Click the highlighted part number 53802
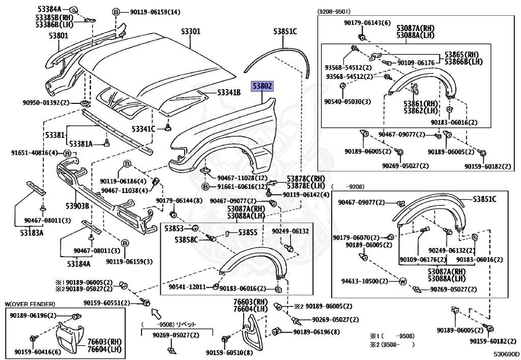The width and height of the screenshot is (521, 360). point(263,87)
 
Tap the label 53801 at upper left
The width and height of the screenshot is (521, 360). point(59,36)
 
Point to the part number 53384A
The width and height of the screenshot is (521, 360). point(49,9)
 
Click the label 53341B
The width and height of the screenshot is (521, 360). point(229,92)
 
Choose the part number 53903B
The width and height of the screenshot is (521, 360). point(77,206)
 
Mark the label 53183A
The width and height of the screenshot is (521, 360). point(32,233)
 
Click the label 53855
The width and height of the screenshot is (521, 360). point(248,232)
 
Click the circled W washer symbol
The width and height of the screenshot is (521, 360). point(402,281)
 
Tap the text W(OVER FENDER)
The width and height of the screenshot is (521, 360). point(30,304)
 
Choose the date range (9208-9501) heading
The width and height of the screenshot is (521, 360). point(336,10)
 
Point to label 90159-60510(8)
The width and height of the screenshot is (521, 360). point(229,352)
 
